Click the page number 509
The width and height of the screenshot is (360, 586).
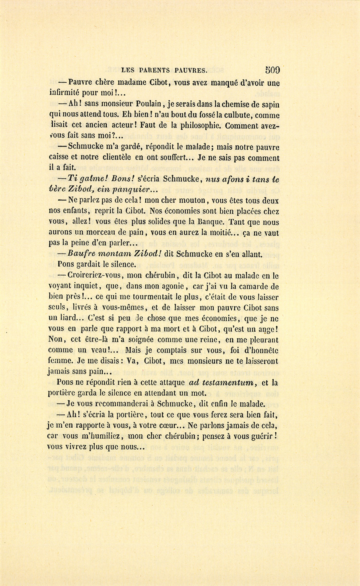click(x=272, y=70)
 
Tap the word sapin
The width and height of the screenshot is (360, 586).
click(x=269, y=104)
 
